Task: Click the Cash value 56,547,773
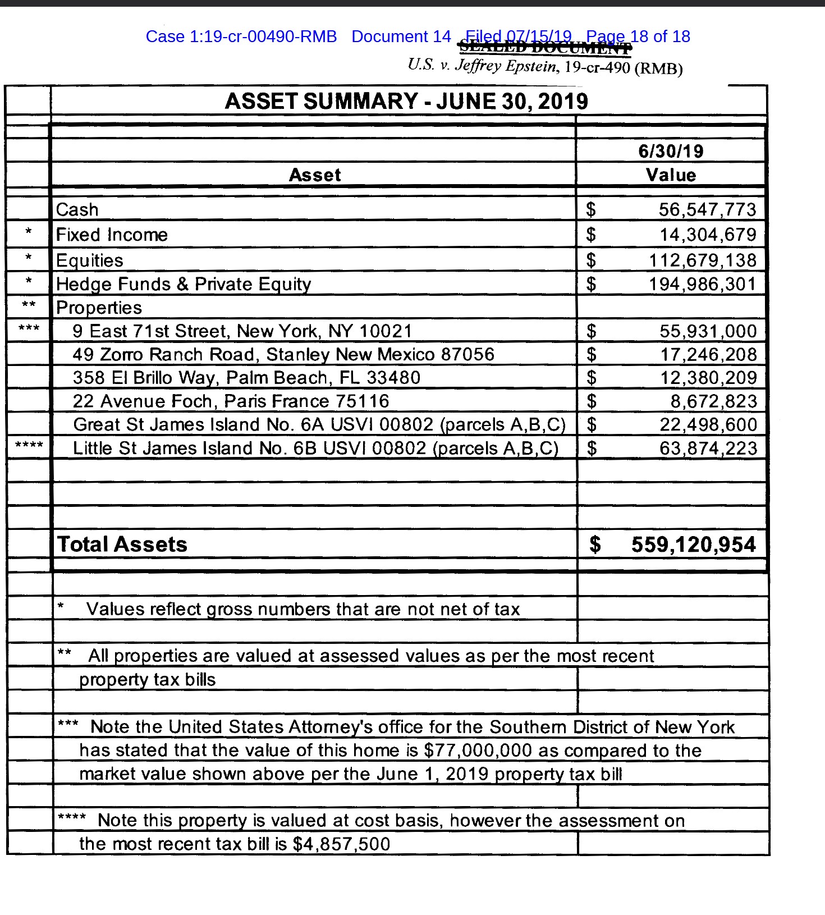[x=707, y=210]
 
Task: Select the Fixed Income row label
[x=112, y=235]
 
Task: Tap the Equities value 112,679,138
[x=702, y=260]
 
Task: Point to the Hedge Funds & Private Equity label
[x=184, y=285]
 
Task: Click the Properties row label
[x=99, y=308]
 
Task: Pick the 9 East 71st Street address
[x=242, y=331]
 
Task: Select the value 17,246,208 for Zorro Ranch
[x=708, y=355]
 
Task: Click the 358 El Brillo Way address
[x=246, y=378]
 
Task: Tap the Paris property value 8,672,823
[x=713, y=401]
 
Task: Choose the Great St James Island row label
[x=319, y=425]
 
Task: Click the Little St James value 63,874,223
[x=708, y=449]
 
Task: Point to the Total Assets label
[x=122, y=545]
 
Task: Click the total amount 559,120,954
[x=693, y=545]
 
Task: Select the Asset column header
[x=315, y=175]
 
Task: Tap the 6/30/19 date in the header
[x=671, y=151]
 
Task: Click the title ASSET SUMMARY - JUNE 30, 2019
[x=406, y=102]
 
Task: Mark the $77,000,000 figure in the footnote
[x=478, y=751]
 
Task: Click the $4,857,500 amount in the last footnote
[x=341, y=844]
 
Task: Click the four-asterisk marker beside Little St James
[x=29, y=446]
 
